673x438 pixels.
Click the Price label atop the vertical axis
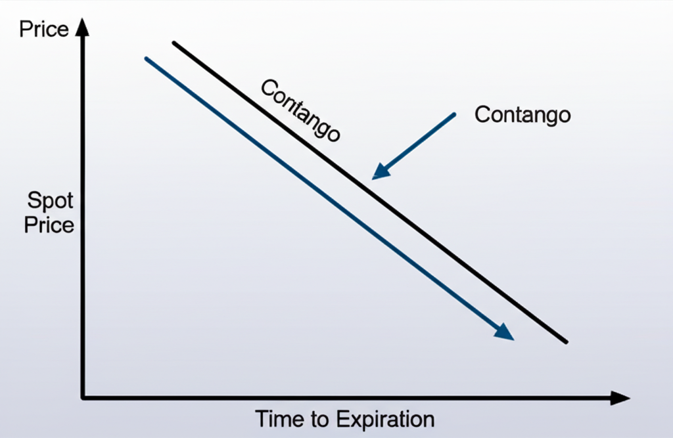43,30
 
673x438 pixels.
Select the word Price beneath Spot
49,225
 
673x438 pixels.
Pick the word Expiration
386,419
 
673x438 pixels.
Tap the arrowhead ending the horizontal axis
620,397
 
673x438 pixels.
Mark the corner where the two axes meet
83,397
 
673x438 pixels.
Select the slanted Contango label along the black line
300,110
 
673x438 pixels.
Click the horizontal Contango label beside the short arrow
522,115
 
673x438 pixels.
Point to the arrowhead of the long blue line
505,332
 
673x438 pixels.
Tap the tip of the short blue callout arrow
374,178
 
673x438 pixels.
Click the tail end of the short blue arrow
454,114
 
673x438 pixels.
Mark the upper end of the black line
174,43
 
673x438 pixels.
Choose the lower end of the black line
566,341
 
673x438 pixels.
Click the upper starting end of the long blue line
146,58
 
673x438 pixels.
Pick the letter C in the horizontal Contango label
481,115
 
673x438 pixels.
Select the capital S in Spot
34,200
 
